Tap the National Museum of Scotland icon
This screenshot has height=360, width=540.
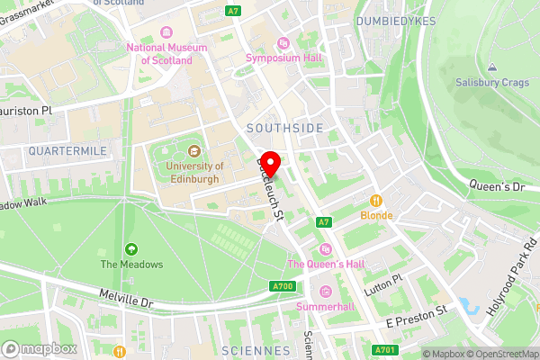click(166, 32)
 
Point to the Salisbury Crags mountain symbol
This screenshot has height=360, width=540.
click(491, 67)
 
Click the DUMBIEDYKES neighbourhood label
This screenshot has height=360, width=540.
click(396, 20)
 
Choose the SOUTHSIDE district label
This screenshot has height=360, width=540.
click(284, 129)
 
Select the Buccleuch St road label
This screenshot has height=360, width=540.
click(271, 190)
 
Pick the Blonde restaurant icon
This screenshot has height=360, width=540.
click(376, 201)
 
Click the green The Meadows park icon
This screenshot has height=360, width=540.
click(131, 248)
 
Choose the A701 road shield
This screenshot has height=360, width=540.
click(383, 350)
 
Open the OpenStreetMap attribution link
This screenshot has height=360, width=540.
click(502, 354)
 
